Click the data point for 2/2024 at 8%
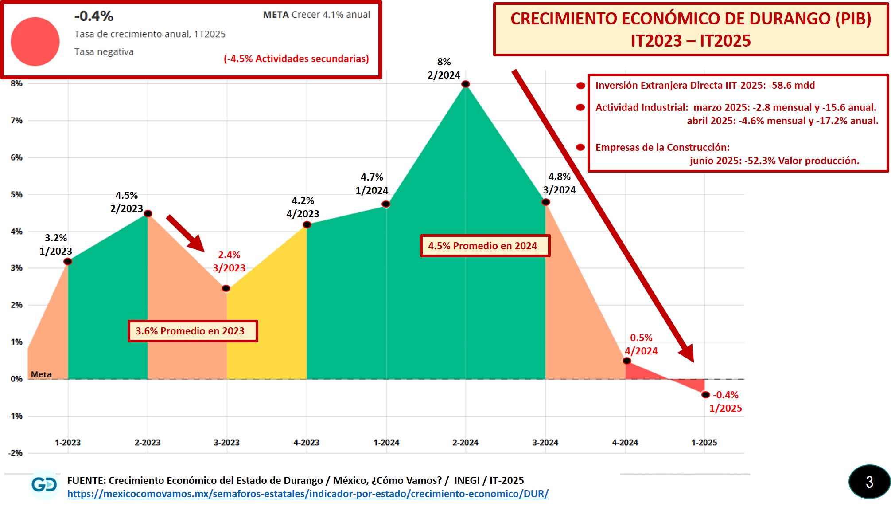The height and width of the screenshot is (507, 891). (x=465, y=84)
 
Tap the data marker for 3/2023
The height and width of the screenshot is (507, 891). (x=226, y=288)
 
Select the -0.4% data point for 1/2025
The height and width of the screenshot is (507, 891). (x=706, y=395)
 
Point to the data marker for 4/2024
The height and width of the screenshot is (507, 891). (x=627, y=361)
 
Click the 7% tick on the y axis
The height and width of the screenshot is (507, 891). (x=16, y=121)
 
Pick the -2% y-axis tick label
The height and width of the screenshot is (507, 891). (x=15, y=453)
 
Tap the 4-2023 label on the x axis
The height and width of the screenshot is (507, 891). (x=306, y=443)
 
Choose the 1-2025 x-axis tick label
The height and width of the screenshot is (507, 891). (x=704, y=443)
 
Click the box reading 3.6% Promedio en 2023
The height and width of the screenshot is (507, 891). (x=193, y=331)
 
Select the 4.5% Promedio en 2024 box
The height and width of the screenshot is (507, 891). (x=485, y=246)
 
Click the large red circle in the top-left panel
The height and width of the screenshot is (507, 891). (x=35, y=41)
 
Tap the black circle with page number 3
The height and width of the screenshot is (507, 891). (x=869, y=482)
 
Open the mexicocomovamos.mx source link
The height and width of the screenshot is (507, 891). (x=308, y=494)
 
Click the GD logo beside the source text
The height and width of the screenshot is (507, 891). (x=44, y=484)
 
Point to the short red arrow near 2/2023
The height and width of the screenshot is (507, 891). (x=185, y=233)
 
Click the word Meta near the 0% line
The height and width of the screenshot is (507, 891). (x=41, y=374)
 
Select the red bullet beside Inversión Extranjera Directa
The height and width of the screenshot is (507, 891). (x=580, y=86)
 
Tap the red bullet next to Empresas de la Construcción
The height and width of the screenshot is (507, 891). (x=580, y=147)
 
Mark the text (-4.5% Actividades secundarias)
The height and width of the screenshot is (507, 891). (x=296, y=59)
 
